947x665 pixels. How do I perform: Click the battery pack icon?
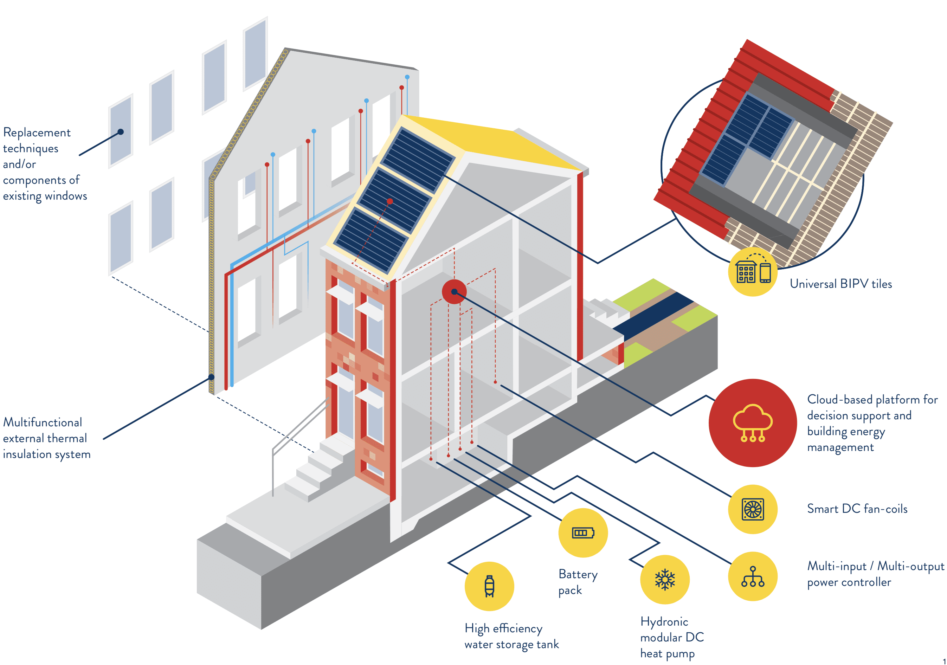[x=582, y=532]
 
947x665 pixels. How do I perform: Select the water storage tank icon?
[x=489, y=586]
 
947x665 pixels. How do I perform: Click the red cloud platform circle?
[x=752, y=423]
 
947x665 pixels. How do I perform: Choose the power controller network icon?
[x=752, y=576]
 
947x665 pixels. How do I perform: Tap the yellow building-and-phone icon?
[x=753, y=272]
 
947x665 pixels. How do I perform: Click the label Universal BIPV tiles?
[x=840, y=284]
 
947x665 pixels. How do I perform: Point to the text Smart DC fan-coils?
[x=857, y=509]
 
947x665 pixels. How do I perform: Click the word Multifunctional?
[x=43, y=422]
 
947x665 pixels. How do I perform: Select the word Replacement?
[x=37, y=133]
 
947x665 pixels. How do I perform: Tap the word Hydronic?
[x=664, y=621]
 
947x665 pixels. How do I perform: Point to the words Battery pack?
[x=578, y=582]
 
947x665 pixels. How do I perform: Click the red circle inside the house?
[x=454, y=292]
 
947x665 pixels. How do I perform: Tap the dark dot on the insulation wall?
[x=211, y=377]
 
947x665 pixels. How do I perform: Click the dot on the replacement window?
[x=121, y=132]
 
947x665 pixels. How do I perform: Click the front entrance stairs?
[x=320, y=470]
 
